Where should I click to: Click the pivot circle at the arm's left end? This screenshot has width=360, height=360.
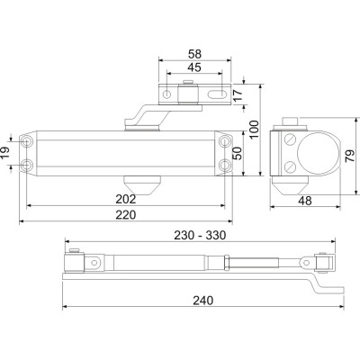(x=93, y=263)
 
